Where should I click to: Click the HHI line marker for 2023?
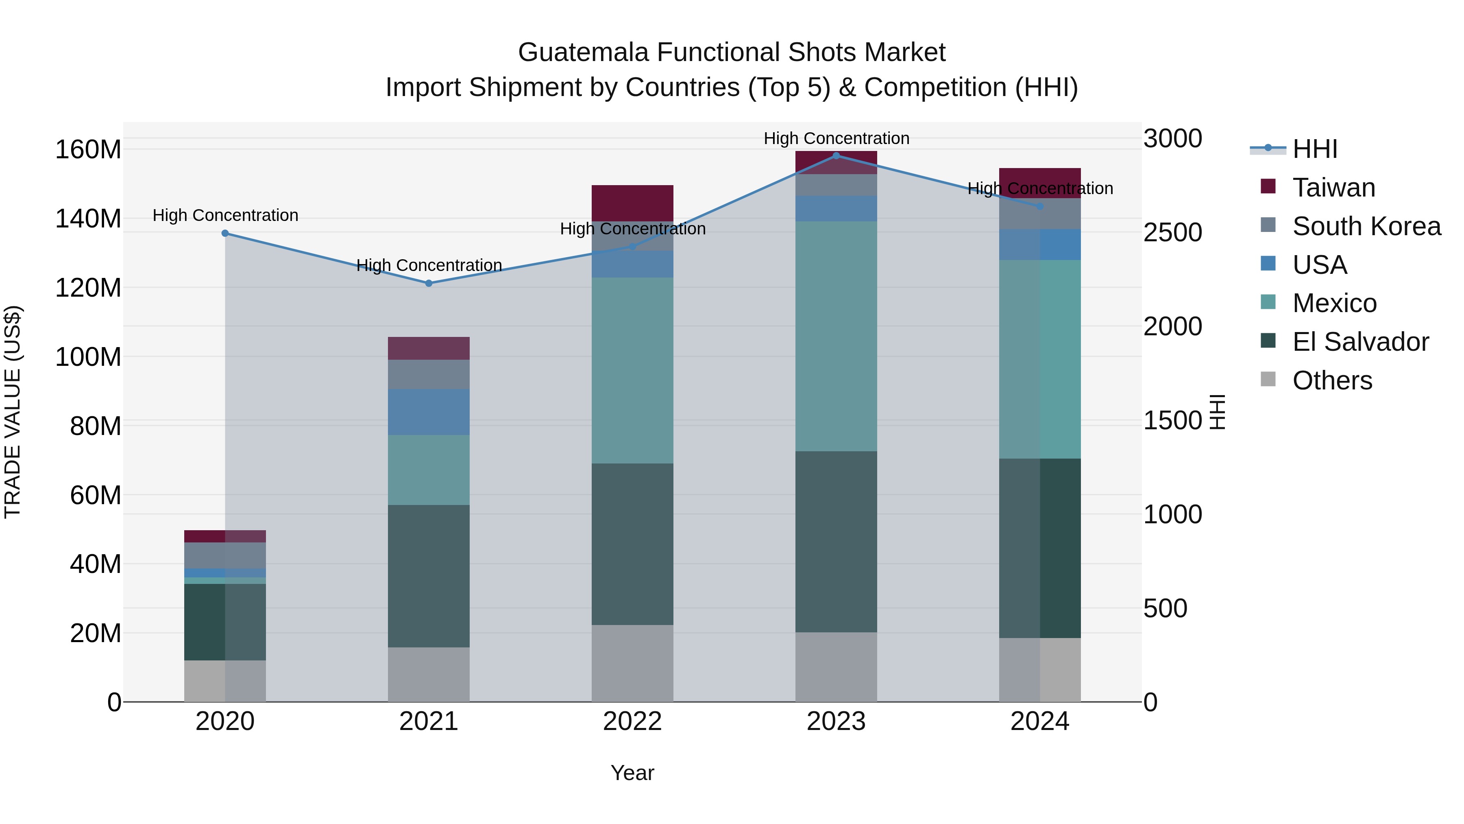836,155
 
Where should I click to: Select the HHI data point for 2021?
429,283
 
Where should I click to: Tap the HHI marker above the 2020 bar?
225,233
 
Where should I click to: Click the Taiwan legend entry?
1333,188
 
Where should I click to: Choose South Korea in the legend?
1366,226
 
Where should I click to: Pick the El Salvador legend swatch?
1268,341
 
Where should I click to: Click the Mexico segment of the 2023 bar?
836,336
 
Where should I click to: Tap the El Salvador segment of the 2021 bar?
429,575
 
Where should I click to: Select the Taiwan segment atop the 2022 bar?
632,203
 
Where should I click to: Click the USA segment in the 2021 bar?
429,412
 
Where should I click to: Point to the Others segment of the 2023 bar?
836,667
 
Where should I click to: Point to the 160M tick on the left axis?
88,150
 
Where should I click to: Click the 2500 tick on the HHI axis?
1172,233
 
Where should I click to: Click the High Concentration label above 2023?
836,138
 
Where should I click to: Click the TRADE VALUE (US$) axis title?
13,412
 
